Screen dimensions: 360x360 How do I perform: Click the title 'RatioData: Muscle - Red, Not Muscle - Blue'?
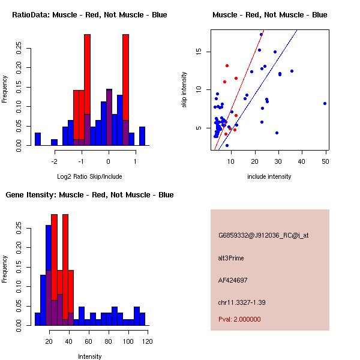tap(89, 14)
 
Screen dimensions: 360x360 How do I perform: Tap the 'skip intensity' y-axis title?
tap(184, 90)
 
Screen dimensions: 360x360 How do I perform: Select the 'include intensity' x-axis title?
tap(269, 176)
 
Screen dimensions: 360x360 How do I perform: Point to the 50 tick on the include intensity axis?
tap(325, 161)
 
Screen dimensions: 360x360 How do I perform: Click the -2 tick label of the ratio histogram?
tap(54, 161)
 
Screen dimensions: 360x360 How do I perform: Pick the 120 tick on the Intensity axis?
tap(147, 341)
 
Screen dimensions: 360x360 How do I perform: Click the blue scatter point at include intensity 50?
tap(325, 103)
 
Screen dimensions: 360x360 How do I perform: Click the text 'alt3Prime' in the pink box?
tap(231, 258)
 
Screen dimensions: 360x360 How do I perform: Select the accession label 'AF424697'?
tap(233, 280)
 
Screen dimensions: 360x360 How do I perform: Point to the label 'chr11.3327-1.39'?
tap(242, 301)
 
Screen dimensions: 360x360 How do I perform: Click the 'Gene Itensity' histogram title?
tap(89, 194)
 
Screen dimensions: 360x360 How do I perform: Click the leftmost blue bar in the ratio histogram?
tap(38, 139)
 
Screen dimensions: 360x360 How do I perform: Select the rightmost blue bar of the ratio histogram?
tap(142, 136)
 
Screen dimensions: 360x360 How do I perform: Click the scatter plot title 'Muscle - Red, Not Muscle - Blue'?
tap(269, 14)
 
